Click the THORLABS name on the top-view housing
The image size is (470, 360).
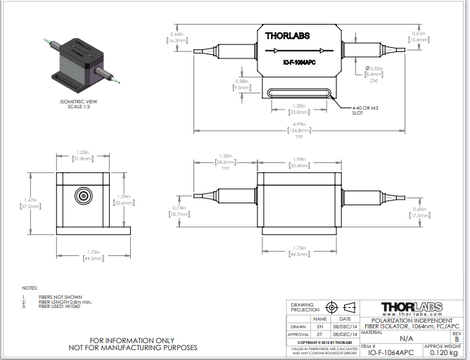pyautogui.click(x=287, y=35)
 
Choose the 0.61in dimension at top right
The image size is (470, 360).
pyautogui.click(x=419, y=37)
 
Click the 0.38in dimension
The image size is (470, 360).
pyautogui.click(x=241, y=84)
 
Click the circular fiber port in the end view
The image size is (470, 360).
pyautogui.click(x=84, y=197)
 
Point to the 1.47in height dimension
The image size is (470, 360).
pyautogui.click(x=24, y=205)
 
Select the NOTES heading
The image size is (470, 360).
pyautogui.click(x=29, y=288)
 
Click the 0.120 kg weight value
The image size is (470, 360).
pyautogui.click(x=444, y=353)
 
